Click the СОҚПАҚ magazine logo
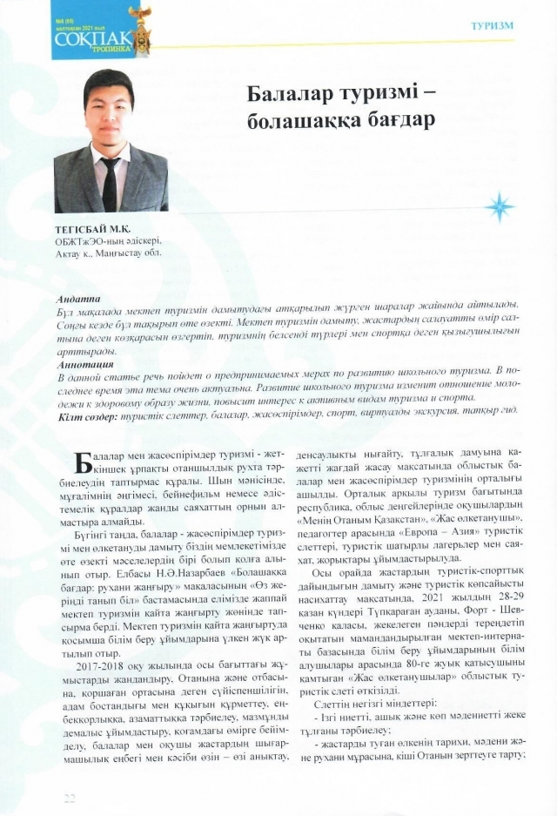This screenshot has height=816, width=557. (87, 40)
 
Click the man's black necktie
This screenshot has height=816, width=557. (111, 184)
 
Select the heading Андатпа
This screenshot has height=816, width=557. (78, 299)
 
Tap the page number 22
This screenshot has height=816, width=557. (70, 798)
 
